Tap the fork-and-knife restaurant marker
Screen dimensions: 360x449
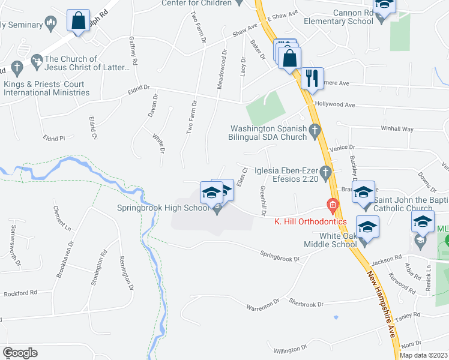pyautogui.click(x=312, y=79)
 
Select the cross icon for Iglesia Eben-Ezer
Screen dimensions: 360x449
pyautogui.click(x=326, y=172)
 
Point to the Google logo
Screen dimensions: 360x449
pyautogui.click(x=20, y=353)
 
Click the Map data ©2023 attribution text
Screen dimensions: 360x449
pyautogui.click(x=423, y=355)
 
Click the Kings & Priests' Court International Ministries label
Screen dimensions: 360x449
pyautogui.click(x=47, y=88)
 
